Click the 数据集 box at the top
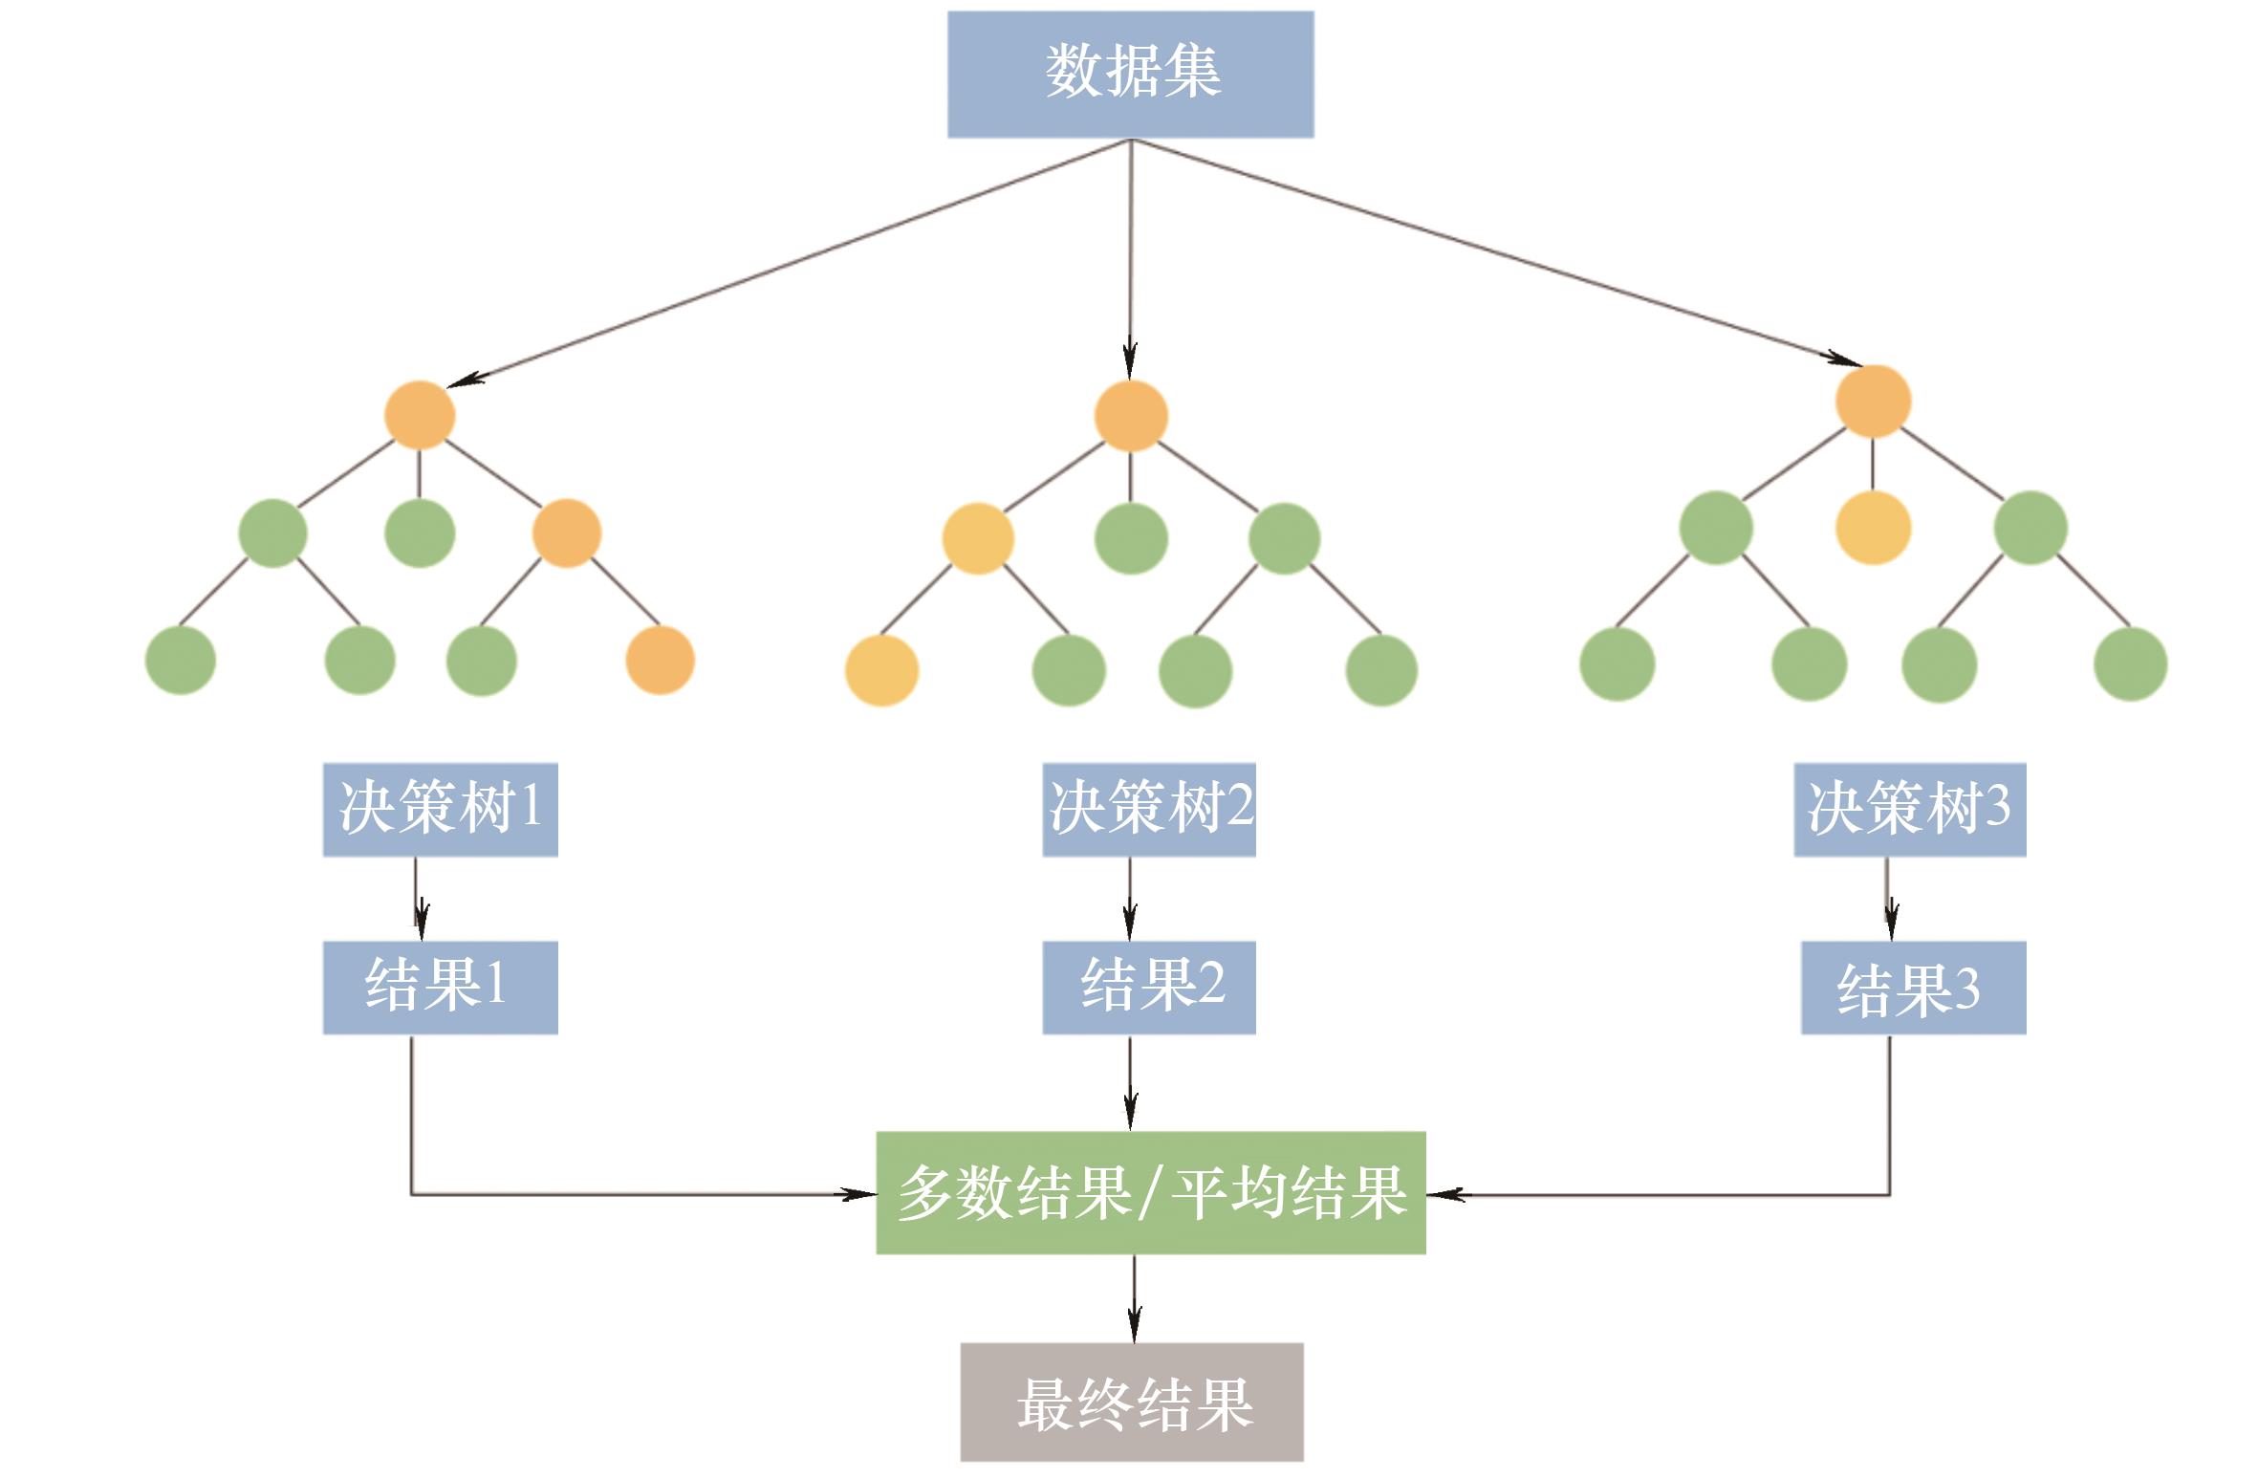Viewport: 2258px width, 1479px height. click(1130, 74)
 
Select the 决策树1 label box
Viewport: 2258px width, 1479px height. click(440, 809)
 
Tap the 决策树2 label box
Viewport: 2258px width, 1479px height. click(1148, 809)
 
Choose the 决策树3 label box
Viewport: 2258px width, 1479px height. click(1909, 809)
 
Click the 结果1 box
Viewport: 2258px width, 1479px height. click(440, 987)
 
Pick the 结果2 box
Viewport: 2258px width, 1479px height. click(1148, 987)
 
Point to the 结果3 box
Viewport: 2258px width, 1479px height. click(1913, 987)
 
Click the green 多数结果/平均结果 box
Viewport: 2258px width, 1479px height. click(1150, 1192)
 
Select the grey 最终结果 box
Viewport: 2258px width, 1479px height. click(1132, 1402)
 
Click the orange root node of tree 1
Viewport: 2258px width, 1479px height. click(419, 415)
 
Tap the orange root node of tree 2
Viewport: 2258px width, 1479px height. click(1130, 416)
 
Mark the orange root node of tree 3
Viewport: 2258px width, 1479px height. click(1873, 402)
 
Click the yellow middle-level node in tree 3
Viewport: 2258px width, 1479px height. click(1873, 528)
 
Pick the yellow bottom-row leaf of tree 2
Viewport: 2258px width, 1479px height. click(881, 670)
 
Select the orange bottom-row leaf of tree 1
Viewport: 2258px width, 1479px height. click(660, 660)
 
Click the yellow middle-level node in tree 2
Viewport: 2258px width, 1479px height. click(977, 538)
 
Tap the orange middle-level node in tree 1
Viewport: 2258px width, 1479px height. click(566, 533)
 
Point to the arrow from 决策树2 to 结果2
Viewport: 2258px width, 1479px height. click(1130, 899)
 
